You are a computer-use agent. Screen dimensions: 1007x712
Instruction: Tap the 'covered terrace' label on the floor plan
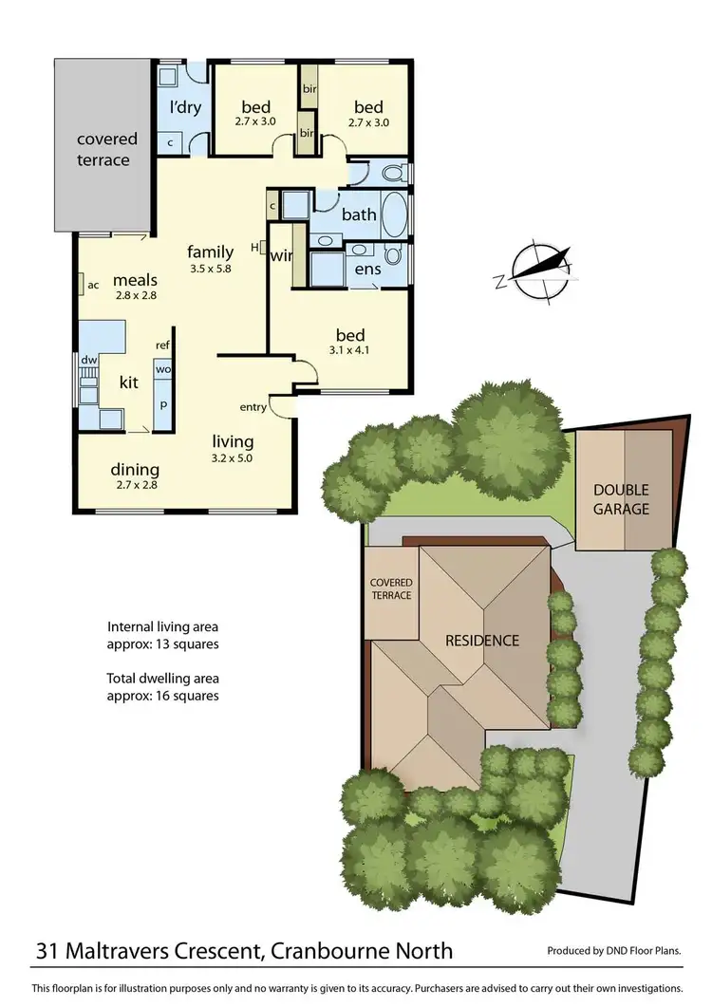coord(106,149)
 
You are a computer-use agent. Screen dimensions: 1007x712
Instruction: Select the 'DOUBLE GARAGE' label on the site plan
coord(621,499)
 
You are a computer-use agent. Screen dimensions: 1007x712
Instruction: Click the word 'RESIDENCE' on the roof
coord(482,641)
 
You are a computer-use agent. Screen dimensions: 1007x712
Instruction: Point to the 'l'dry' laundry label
coord(185,107)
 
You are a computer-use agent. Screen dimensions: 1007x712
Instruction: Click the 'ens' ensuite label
coord(367,270)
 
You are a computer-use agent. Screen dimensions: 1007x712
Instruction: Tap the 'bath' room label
coord(359,214)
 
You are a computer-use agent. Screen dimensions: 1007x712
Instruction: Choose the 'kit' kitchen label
coord(130,382)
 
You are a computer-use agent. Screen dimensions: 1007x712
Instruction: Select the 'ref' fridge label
coord(163,345)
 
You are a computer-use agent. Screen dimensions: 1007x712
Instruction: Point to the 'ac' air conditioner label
coord(93,284)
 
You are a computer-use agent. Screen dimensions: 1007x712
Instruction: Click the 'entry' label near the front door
coord(253,407)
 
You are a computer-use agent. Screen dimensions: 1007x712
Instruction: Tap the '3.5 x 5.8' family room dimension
coord(211,269)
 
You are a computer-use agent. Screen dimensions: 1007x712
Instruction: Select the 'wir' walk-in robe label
coord(281,255)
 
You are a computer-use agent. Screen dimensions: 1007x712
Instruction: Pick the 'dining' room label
coord(135,470)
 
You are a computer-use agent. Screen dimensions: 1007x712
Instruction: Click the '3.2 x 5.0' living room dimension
coord(233,457)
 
